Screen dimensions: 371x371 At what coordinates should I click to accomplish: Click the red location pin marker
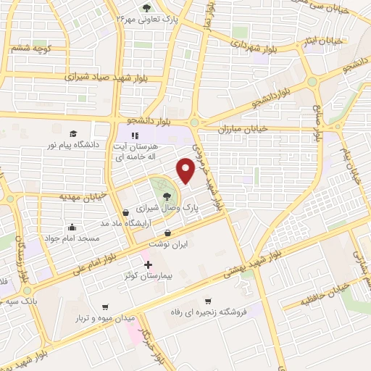pos(186,171)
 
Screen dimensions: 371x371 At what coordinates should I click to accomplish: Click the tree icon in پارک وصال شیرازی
pos(167,196)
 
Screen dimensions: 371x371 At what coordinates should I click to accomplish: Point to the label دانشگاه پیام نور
pos(72,145)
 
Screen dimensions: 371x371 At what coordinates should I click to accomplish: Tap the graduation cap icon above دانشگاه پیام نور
pos(72,133)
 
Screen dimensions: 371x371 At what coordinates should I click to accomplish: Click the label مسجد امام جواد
pos(72,238)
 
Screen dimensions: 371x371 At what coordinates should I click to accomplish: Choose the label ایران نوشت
pos(168,245)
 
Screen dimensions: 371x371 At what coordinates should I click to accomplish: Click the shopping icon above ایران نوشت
pos(168,233)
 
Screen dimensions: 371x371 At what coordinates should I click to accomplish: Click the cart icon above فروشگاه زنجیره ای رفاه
pos(209,301)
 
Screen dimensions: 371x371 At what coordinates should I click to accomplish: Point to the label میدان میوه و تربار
pos(106,318)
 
